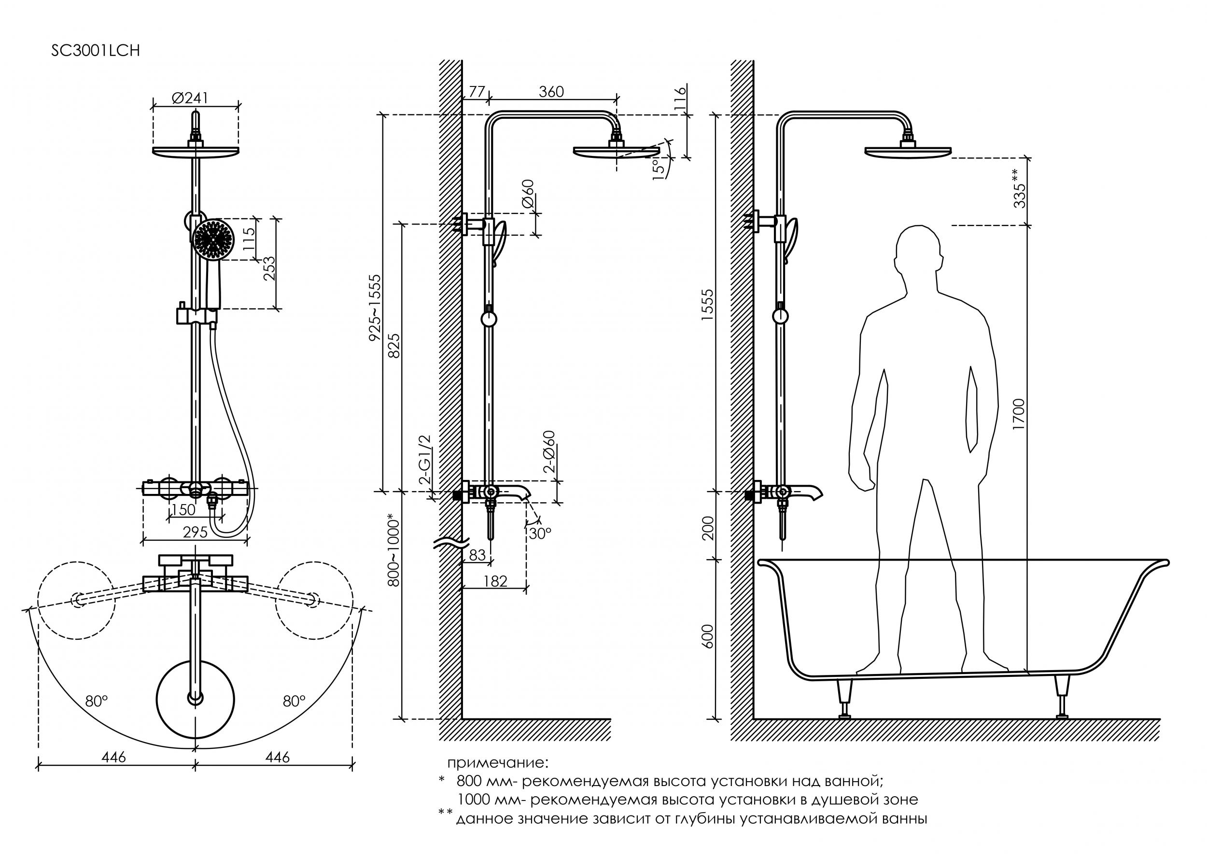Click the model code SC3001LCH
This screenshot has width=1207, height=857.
pos(96,51)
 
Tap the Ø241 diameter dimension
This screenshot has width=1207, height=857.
pos(190,98)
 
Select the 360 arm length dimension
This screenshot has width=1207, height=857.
pos(551,92)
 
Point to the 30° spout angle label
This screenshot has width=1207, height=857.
pos(540,534)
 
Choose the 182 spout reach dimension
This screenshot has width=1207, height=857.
pos(495,581)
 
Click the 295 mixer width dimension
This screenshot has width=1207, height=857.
pos(195,533)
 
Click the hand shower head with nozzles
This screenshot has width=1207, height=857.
pos(212,240)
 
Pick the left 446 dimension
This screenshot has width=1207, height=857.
pos(114,757)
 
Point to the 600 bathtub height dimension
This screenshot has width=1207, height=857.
pos(707,637)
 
